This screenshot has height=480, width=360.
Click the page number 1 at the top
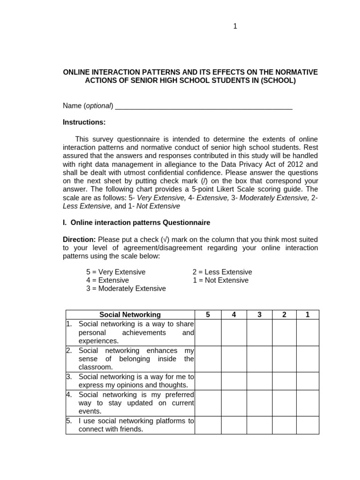[x=235, y=27]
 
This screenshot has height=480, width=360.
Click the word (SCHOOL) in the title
[x=278, y=80]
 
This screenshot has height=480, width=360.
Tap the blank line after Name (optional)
[x=203, y=106]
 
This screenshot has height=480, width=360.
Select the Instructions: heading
[x=84, y=122]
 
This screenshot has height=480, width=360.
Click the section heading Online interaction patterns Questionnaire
[x=141, y=222]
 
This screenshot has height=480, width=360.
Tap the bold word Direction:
[x=79, y=239]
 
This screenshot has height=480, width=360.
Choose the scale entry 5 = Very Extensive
[x=116, y=272]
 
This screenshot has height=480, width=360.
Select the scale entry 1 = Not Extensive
[x=220, y=280]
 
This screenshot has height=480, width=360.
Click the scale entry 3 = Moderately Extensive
[x=126, y=288]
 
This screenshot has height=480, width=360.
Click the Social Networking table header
[x=130, y=315]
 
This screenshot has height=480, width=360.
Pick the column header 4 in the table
[x=233, y=315]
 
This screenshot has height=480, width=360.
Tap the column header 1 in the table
[x=307, y=315]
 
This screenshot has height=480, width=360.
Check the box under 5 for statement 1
[x=208, y=332]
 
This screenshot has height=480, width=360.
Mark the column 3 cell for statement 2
[x=259, y=359]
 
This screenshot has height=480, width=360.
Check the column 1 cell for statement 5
[x=307, y=425]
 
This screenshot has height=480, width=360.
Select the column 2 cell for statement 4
[x=284, y=403]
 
